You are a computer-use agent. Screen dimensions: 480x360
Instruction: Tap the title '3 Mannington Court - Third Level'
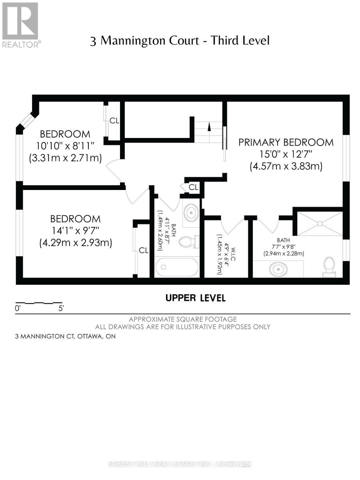click(180, 41)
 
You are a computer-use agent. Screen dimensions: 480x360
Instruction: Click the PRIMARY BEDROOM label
click(286, 142)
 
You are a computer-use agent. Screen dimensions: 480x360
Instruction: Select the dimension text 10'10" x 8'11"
click(65, 146)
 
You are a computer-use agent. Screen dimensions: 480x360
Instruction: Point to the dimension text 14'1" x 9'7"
click(75, 231)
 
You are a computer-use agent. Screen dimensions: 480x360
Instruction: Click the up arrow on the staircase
click(208, 127)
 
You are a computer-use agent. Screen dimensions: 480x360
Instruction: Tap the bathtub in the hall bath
click(176, 267)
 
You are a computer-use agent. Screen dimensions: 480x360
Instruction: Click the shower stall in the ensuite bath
click(318, 223)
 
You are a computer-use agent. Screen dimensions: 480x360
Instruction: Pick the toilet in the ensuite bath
click(329, 266)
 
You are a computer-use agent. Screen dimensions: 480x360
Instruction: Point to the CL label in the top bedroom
click(114, 121)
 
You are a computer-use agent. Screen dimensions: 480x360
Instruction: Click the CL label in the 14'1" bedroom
click(144, 250)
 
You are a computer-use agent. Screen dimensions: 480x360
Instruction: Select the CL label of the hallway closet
click(193, 187)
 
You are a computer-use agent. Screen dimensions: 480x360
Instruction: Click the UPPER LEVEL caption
click(196, 298)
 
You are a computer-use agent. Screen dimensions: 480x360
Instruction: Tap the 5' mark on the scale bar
click(61, 308)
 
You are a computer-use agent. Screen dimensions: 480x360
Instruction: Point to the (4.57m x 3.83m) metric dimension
click(286, 166)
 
